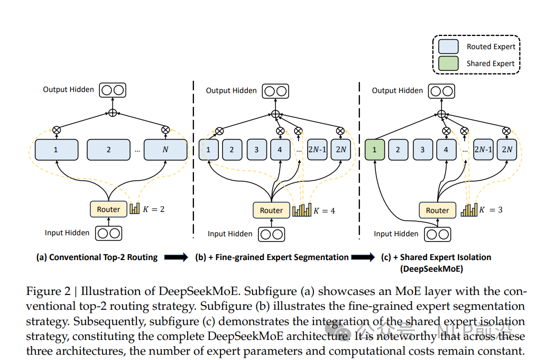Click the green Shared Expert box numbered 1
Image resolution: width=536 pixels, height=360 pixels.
[x=374, y=150]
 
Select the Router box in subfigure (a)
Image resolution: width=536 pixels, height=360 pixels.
[x=108, y=209]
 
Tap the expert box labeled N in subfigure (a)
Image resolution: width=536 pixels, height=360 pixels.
[x=165, y=150]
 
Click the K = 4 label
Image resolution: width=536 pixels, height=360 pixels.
[x=325, y=210]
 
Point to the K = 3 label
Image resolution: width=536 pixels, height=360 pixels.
[x=492, y=210]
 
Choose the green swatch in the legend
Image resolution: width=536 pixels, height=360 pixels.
[x=448, y=63]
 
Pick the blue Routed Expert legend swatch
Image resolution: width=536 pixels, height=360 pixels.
[x=448, y=47]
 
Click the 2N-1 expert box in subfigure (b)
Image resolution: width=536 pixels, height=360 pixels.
[x=317, y=150]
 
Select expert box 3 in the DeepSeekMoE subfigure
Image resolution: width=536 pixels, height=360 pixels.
[x=422, y=150]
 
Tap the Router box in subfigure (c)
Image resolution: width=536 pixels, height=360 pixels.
[x=437, y=210]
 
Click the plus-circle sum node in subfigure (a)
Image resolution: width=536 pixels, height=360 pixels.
[x=112, y=112]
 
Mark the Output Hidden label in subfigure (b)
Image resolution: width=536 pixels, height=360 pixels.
[x=231, y=90]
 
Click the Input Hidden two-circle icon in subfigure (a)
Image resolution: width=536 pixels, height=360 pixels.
[x=108, y=233]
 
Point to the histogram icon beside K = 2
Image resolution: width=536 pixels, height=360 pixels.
[x=134, y=209]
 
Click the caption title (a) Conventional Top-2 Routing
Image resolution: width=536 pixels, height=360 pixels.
[x=97, y=257]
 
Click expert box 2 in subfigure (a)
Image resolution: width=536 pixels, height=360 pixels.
[x=108, y=150]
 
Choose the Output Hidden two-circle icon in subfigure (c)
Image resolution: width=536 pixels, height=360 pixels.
[x=442, y=90]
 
